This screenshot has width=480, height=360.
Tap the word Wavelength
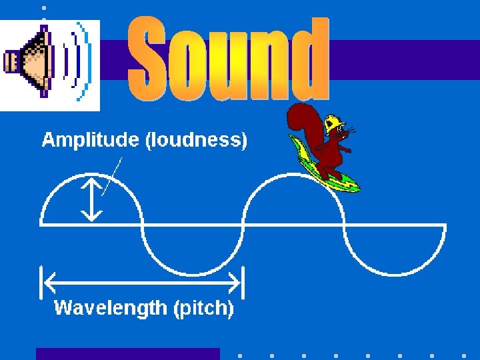pyautogui.click(x=111, y=308)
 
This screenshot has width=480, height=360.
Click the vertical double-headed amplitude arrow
pyautogui.click(x=91, y=199)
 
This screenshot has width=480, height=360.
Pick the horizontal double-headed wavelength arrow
pyautogui.click(x=142, y=283)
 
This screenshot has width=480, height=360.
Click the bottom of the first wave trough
pyautogui.click(x=193, y=274)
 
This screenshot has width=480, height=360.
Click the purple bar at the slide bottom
pyautogui.click(x=127, y=354)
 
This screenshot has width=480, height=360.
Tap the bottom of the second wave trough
pyautogui.click(x=395, y=274)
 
